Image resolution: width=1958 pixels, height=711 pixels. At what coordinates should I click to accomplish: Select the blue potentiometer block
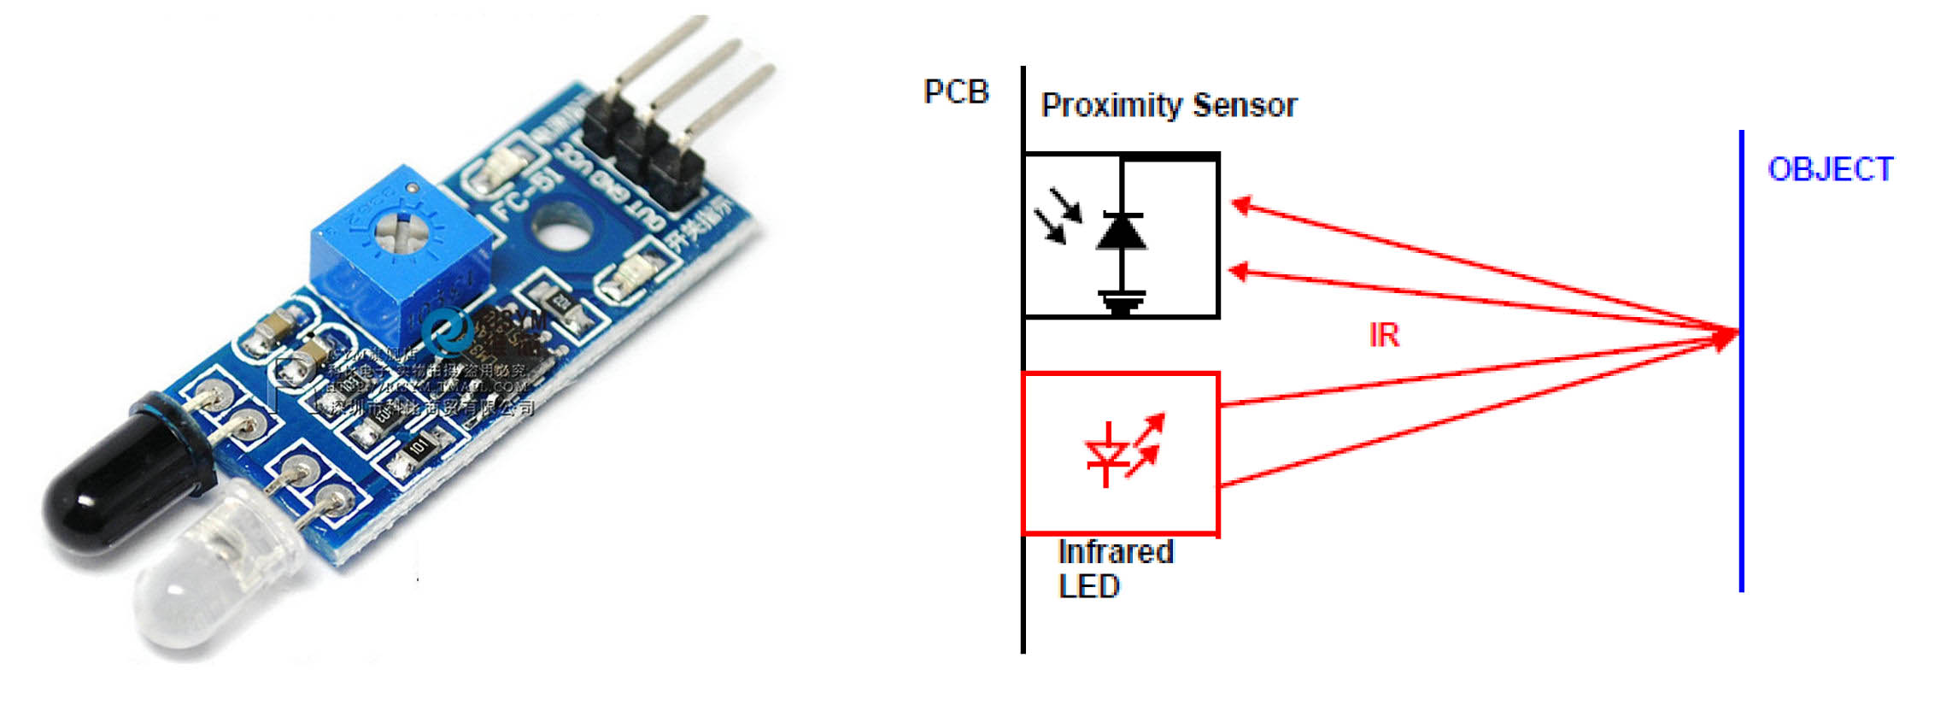pos(402,256)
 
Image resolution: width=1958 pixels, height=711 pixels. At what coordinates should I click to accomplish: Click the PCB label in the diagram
pos(956,92)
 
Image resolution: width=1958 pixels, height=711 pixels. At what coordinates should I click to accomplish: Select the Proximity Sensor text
pos(1168,106)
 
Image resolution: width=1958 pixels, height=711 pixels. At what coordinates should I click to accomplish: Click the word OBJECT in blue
pos(1830,169)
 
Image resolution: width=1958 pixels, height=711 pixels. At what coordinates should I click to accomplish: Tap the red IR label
pos(1384,336)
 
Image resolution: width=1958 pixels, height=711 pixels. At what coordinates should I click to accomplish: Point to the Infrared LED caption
pos(1114,569)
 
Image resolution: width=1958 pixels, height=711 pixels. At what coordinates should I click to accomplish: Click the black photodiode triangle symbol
pos(1121,232)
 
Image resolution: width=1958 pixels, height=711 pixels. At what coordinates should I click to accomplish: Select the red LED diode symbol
pos(1108,453)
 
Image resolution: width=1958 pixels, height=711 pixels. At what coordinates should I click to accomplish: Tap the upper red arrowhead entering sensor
pos(1241,204)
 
